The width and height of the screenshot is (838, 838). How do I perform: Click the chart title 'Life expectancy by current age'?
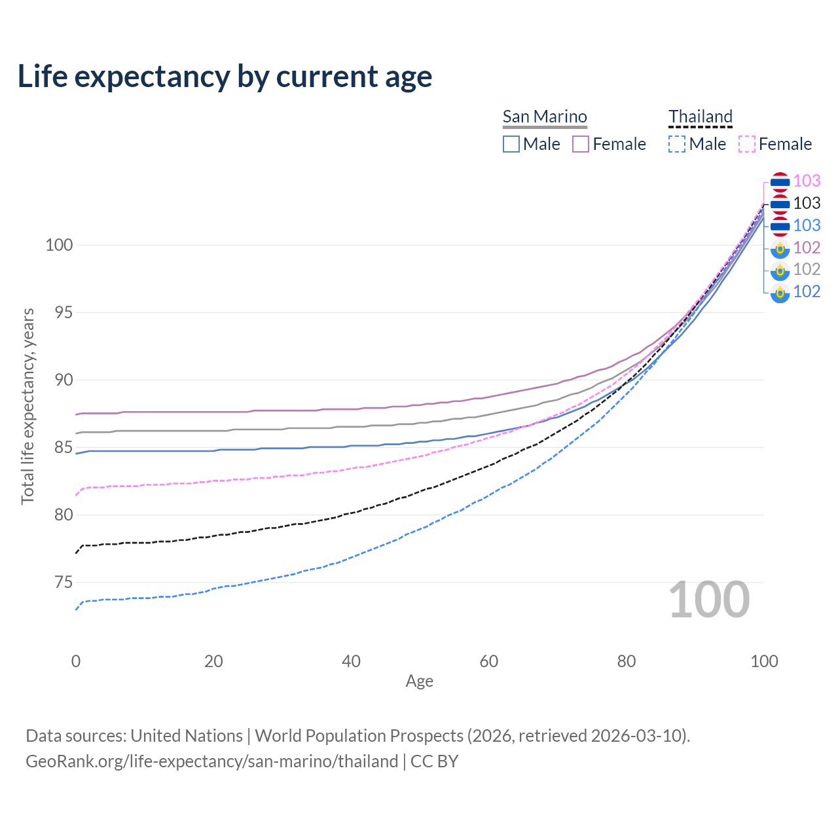click(x=225, y=77)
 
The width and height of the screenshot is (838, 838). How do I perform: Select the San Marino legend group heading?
click(x=545, y=117)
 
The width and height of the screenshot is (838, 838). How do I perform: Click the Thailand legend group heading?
click(x=700, y=117)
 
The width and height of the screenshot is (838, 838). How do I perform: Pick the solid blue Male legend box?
click(x=511, y=144)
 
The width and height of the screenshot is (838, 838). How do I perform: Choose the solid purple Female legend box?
click(x=581, y=144)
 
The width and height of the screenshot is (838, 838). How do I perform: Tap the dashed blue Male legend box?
click(x=677, y=144)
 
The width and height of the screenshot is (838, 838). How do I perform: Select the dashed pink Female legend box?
click(x=747, y=144)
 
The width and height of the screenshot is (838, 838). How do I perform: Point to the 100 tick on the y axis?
click(x=59, y=245)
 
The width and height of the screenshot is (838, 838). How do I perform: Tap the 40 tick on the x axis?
click(x=352, y=661)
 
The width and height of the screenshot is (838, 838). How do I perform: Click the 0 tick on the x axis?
click(x=76, y=661)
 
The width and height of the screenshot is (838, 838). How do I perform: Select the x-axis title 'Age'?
click(x=419, y=682)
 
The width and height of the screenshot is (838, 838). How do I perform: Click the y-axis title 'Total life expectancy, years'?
click(x=27, y=406)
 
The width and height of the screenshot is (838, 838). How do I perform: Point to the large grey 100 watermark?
click(x=709, y=600)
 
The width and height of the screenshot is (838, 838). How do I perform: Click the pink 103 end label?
click(x=807, y=181)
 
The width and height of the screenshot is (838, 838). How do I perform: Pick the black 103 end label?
click(x=807, y=203)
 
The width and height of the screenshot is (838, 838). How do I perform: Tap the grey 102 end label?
click(x=807, y=269)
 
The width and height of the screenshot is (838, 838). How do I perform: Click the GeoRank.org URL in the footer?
click(x=211, y=761)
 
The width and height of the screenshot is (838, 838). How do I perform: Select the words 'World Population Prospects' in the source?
click(x=359, y=736)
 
